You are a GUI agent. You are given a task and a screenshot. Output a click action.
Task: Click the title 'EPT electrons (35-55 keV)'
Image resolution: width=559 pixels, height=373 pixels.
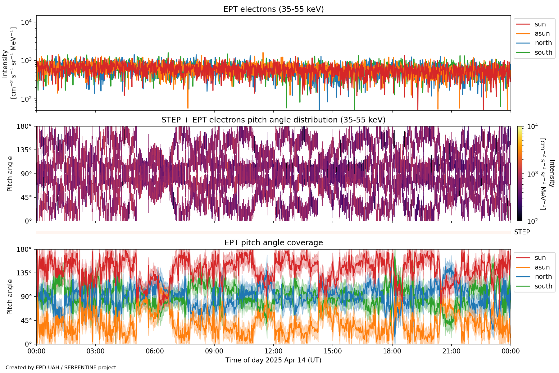pyautogui.click(x=273, y=9)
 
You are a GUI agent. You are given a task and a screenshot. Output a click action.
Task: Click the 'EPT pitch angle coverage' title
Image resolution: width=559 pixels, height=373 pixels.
pyautogui.click(x=273, y=243)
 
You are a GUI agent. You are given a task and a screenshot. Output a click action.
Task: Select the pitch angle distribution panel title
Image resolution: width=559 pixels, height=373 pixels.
pyautogui.click(x=273, y=120)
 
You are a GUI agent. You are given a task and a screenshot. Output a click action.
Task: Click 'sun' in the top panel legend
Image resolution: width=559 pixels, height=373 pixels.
pyautogui.click(x=540, y=24)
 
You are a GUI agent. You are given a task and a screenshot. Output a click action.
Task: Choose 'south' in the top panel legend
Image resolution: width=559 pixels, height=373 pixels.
pyautogui.click(x=543, y=53)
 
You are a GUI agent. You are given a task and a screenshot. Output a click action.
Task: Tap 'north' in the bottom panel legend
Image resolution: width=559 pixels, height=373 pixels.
pyautogui.click(x=543, y=277)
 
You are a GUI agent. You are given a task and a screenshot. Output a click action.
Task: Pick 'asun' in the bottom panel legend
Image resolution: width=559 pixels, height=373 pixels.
pyautogui.click(x=542, y=267)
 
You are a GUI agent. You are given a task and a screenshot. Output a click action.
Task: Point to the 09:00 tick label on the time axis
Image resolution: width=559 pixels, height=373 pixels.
pyautogui.click(x=214, y=351)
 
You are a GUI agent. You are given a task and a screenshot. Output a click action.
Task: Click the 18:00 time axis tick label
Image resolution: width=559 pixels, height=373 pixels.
pyautogui.click(x=392, y=351)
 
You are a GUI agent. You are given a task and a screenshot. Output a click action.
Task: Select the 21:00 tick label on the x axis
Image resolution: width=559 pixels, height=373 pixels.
pyautogui.click(x=452, y=351)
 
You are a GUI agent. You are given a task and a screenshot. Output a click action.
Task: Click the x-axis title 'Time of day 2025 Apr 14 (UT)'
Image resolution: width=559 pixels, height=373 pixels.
pyautogui.click(x=273, y=360)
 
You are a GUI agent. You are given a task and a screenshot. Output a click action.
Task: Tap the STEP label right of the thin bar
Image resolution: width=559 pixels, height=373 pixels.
pyautogui.click(x=522, y=232)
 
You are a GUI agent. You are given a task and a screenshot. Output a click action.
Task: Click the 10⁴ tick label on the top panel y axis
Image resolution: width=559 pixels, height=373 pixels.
pyautogui.click(x=26, y=22)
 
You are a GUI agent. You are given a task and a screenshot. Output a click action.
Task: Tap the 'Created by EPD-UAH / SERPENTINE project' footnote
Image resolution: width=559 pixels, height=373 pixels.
pyautogui.click(x=61, y=367)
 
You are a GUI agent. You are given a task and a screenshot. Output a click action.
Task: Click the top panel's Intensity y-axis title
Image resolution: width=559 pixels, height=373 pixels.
pyautogui.click(x=9, y=63)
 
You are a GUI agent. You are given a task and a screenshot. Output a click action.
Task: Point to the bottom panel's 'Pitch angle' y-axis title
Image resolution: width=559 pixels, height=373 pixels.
pyautogui.click(x=10, y=297)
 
